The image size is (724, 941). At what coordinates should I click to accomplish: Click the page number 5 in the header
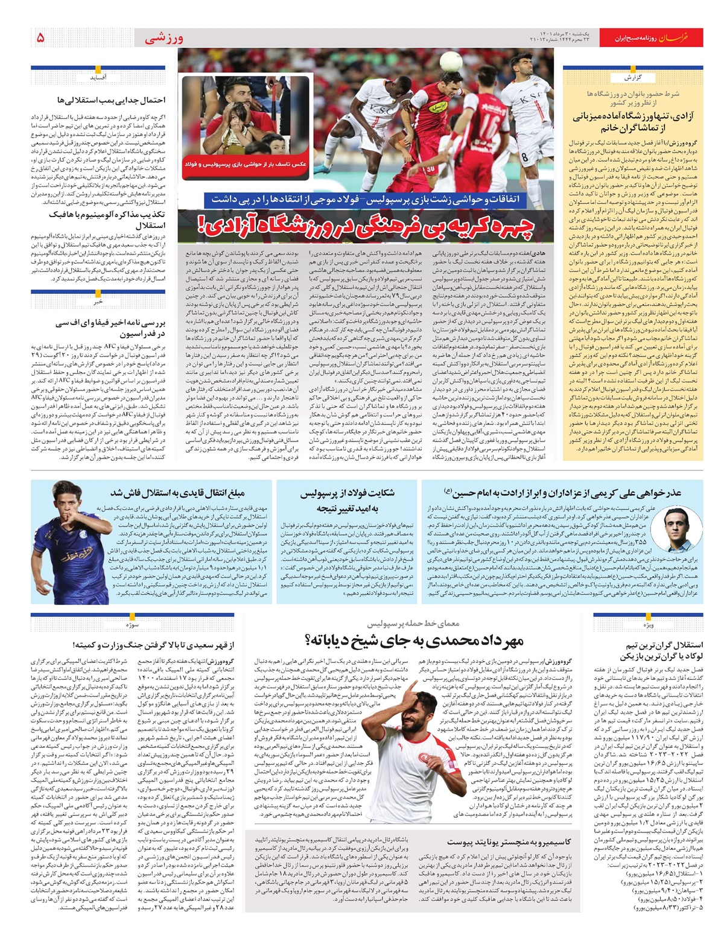[x=40, y=38]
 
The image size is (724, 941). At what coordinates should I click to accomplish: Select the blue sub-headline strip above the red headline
[x=368, y=200]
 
